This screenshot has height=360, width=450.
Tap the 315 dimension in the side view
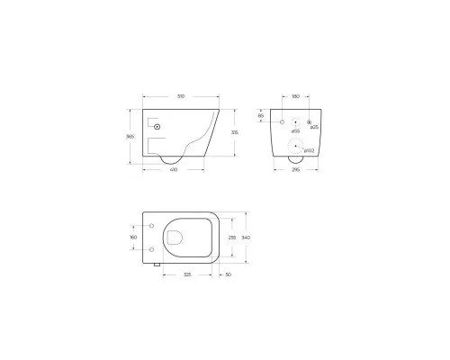tap(236, 131)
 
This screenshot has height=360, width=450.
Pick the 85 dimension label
tap(261, 116)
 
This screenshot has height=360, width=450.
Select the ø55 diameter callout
tap(295, 131)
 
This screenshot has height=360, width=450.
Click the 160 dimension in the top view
tap(134, 238)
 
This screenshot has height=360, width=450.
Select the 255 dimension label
tap(233, 237)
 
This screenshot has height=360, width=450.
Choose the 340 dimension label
tap(246, 237)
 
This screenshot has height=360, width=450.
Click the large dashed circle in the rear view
tap(294, 148)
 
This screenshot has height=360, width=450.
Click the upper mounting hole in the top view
tap(152, 225)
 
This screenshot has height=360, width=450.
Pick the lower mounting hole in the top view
tap(152, 249)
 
